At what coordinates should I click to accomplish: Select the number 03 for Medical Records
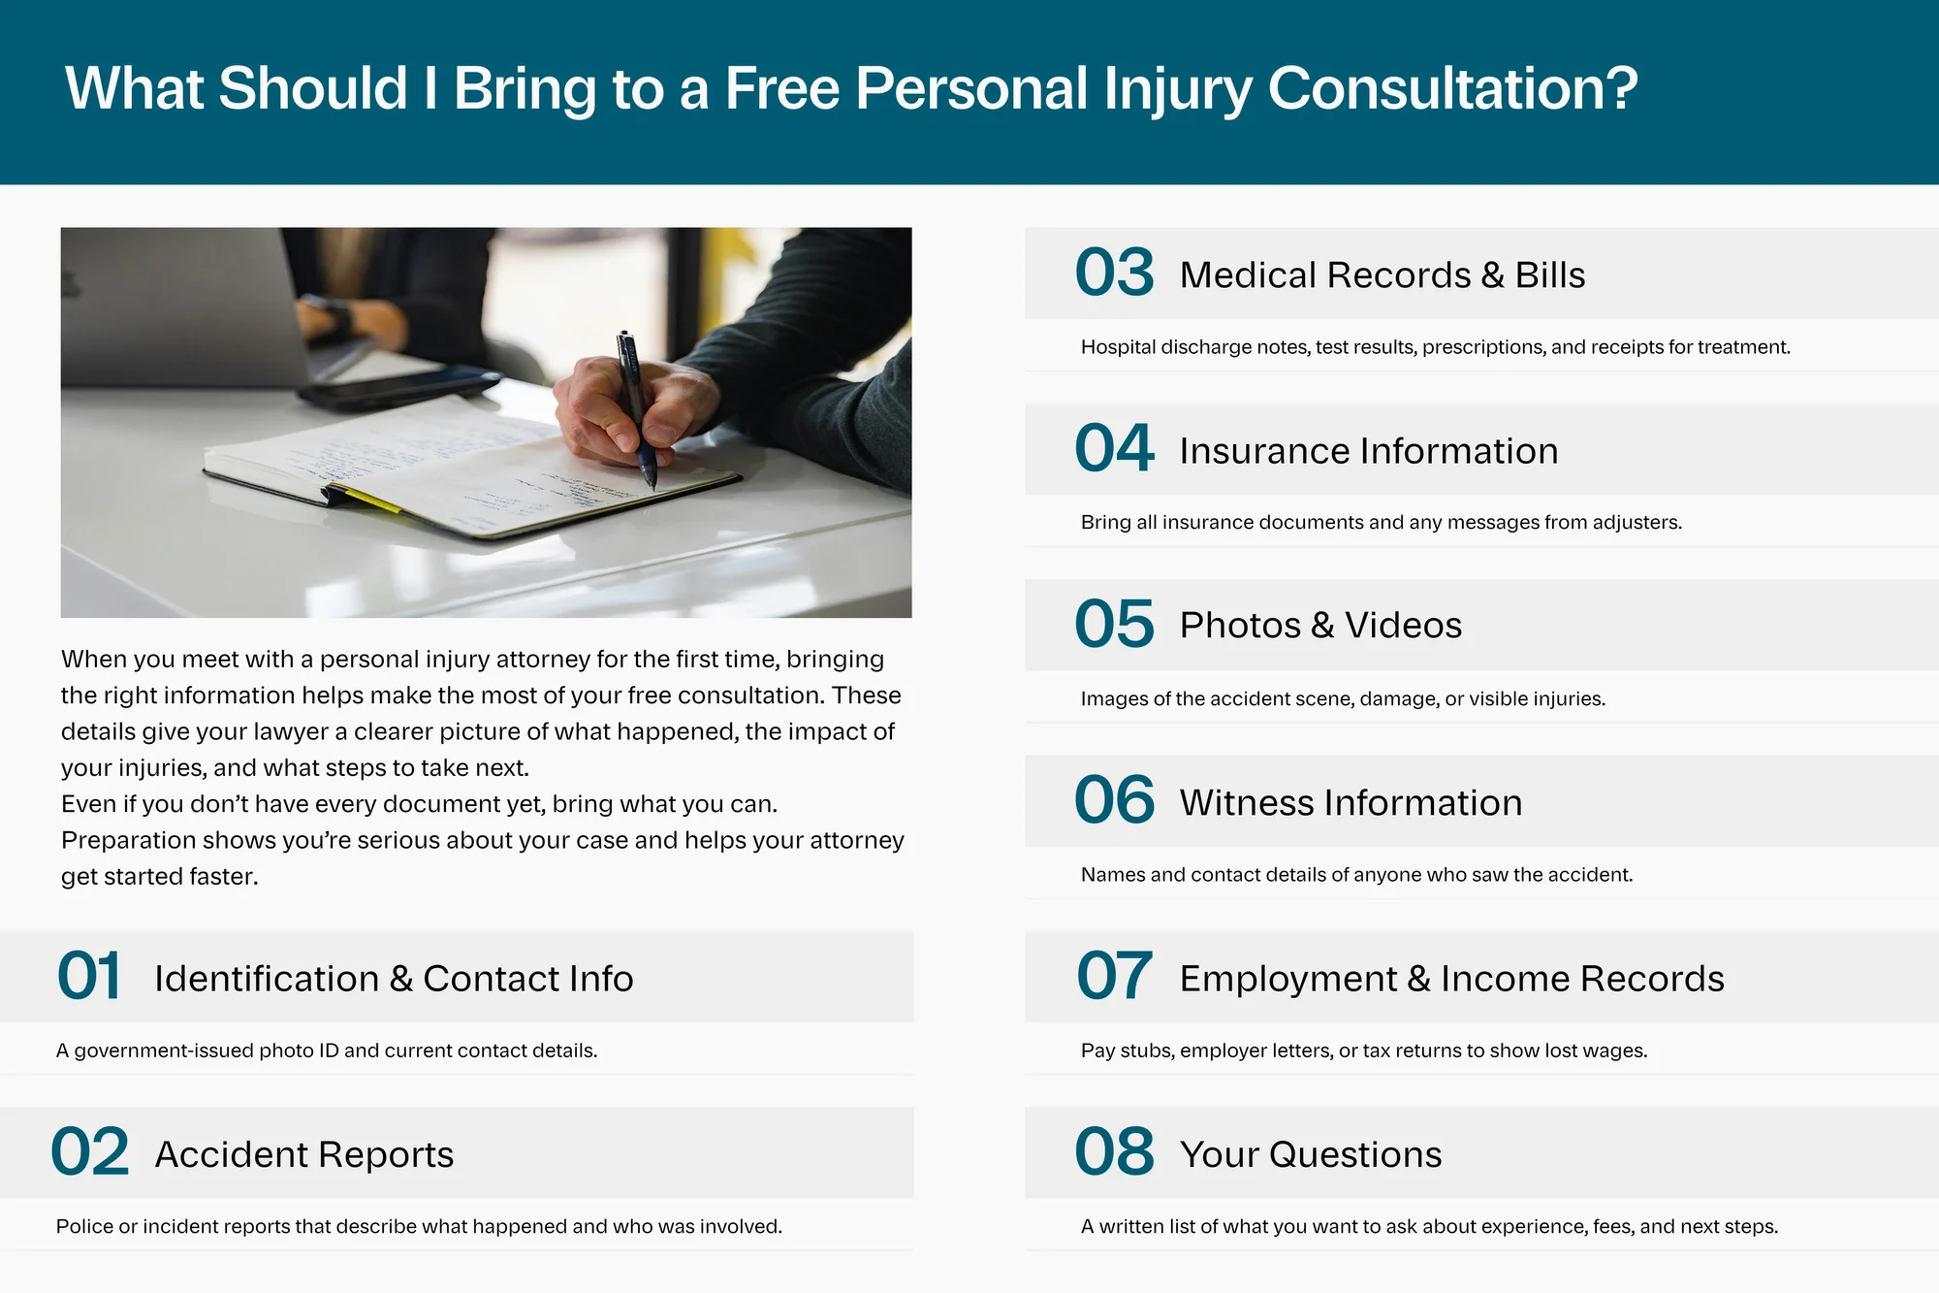[x=1115, y=273]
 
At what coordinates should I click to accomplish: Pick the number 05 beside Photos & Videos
[x=1115, y=624]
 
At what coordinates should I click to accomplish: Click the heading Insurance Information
[x=1369, y=451]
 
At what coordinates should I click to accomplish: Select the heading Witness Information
[x=1351, y=803]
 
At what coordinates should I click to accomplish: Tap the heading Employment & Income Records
[x=1452, y=979]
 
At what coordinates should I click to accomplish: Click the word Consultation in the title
[x=1452, y=88]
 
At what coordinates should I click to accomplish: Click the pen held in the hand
[x=636, y=409]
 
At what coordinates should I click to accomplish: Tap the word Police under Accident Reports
[x=84, y=1226]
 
